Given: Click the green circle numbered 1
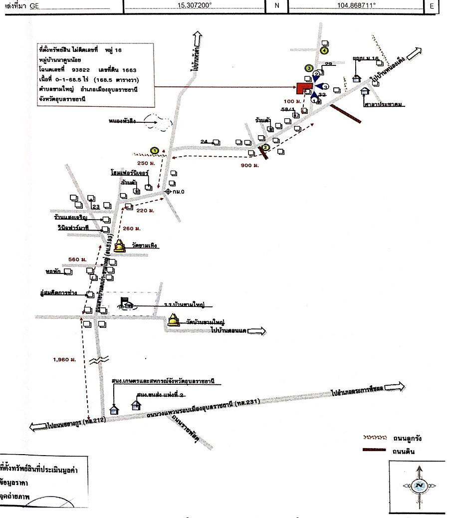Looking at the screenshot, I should pos(155,150).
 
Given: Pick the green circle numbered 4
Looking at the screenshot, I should pos(325,50).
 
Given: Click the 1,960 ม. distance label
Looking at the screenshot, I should pos(64,359).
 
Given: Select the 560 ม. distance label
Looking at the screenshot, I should pos(77,259).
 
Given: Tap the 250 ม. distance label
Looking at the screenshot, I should pos(146,163).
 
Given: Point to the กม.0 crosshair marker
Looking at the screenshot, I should pos(168,191).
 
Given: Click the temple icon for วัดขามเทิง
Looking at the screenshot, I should pos(120,246).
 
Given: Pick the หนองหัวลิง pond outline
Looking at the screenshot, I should pos(157,122).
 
